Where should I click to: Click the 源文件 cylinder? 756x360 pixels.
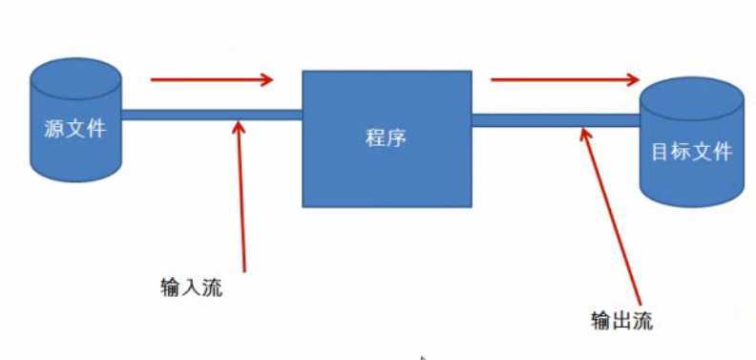pyautogui.click(x=75, y=143)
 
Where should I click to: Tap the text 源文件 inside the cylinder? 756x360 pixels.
pyautogui.click(x=74, y=129)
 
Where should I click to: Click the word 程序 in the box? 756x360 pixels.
pyautogui.click(x=387, y=138)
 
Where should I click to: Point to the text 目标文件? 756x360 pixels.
pyautogui.click(x=692, y=152)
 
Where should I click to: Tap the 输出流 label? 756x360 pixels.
pyautogui.click(x=621, y=320)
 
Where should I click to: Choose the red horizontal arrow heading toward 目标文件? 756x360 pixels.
pyautogui.click(x=563, y=80)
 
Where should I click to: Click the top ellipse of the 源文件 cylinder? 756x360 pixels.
pyautogui.click(x=75, y=72)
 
